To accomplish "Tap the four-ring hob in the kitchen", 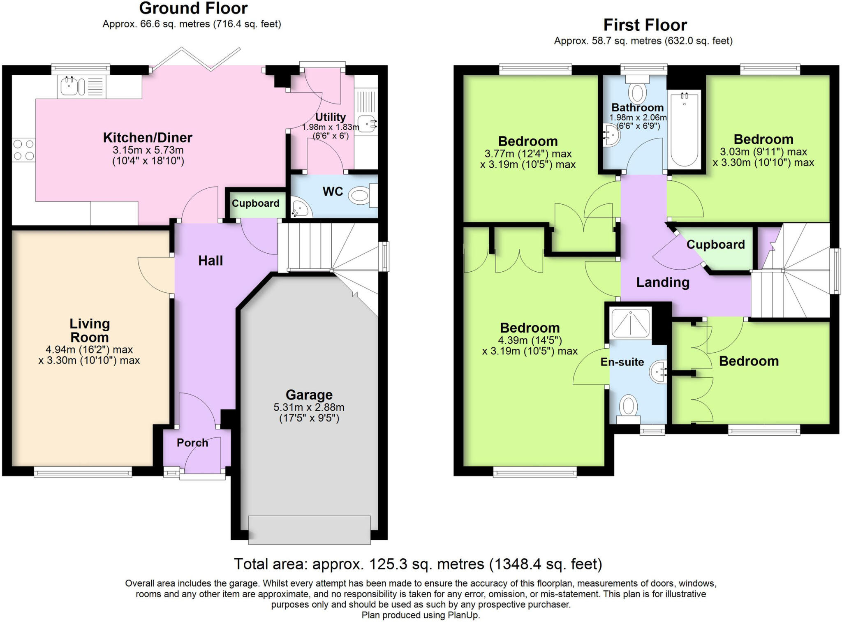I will tap(23, 150).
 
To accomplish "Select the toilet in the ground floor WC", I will tap(360, 196).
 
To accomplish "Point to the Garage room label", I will tap(309, 395).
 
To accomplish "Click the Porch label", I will tap(192, 443).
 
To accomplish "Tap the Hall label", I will tap(210, 261).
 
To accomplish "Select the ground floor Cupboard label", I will tap(255, 203).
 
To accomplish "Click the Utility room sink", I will tap(367, 124).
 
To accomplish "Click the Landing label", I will tap(662, 282).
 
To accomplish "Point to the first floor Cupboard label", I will tap(715, 245).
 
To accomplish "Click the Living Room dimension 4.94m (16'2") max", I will tap(89, 350).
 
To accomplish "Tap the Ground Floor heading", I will tap(193, 8).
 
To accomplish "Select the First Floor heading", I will tap(645, 25).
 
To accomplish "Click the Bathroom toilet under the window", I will tap(637, 92).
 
